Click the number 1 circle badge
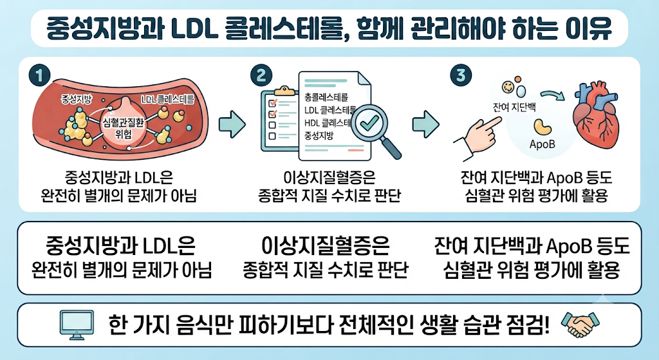[x=39, y=76]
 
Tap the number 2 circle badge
[x=261, y=76]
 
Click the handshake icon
[x=580, y=324]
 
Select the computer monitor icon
[x=77, y=325]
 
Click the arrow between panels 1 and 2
[x=232, y=124]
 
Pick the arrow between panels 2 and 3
[x=425, y=124]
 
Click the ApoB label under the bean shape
[x=542, y=144]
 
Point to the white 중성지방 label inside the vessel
[x=77, y=99]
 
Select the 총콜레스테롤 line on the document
[x=326, y=98]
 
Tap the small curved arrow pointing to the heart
[x=553, y=95]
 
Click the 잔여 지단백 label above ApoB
[x=514, y=108]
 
